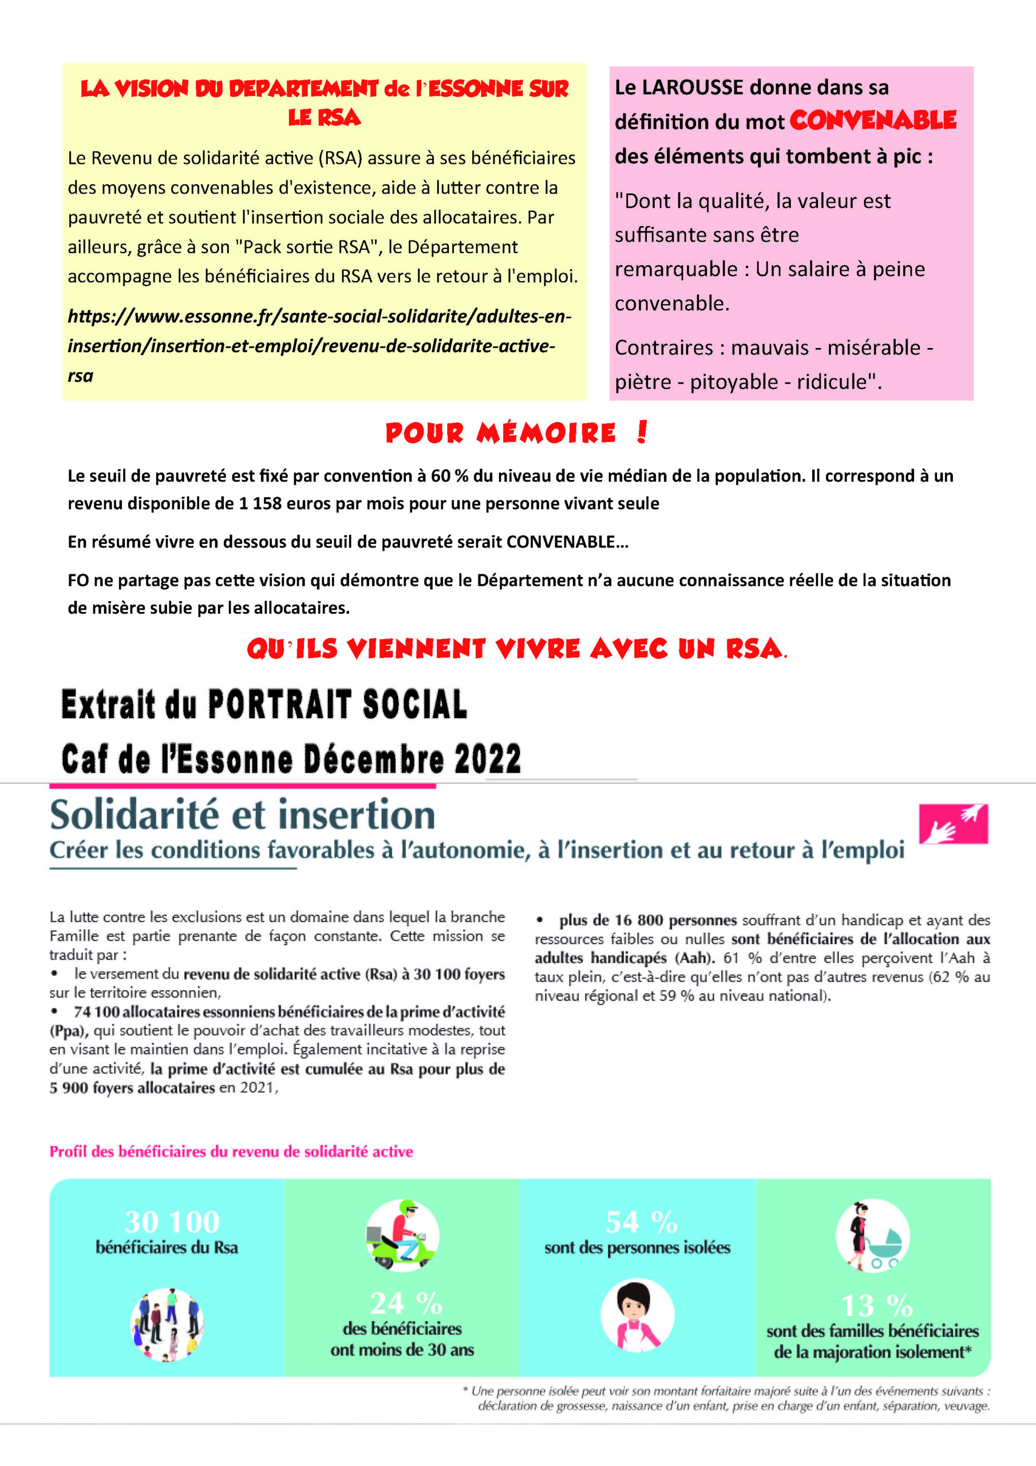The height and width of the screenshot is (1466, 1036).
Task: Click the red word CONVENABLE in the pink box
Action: [x=873, y=120]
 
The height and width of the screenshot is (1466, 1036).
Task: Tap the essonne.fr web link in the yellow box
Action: [x=319, y=345]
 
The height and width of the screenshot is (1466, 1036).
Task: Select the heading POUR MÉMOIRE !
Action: [x=516, y=433]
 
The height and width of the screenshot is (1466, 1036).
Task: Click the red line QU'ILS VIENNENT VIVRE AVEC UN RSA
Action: [x=516, y=649]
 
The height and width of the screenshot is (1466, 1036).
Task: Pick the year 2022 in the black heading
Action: [x=488, y=759]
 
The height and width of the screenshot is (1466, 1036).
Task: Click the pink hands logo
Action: [x=953, y=823]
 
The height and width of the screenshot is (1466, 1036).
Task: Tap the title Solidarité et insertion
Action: [x=243, y=815]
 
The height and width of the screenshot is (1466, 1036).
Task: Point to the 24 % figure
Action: [x=406, y=1303]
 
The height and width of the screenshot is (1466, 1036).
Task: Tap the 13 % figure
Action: [x=876, y=1305]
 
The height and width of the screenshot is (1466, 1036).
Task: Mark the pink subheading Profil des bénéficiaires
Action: [x=231, y=1151]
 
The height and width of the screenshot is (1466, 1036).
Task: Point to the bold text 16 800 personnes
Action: [x=647, y=920]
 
